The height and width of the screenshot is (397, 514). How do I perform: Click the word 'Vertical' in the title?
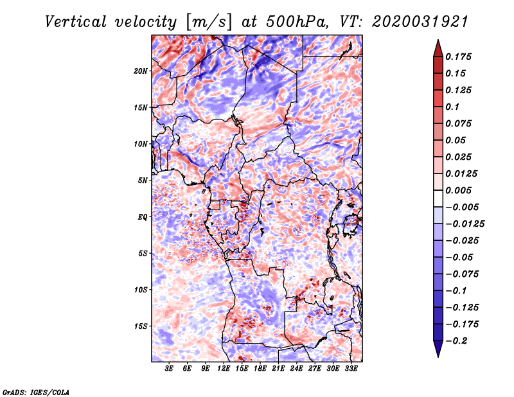[x=75, y=22]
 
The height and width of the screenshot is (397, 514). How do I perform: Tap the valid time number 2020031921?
[x=420, y=22]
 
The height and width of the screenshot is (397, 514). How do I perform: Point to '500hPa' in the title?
[x=296, y=22]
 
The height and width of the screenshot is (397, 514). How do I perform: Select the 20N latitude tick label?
[x=141, y=71]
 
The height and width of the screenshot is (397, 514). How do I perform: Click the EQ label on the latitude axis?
[x=143, y=217]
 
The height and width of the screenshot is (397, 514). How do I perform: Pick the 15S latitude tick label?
[x=141, y=326]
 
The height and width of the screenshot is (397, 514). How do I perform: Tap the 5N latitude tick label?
[x=143, y=181]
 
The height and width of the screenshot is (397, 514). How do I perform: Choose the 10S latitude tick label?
[x=141, y=290]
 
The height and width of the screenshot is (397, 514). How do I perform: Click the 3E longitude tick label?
[x=169, y=368]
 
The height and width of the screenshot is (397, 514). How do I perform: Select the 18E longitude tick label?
[x=260, y=368]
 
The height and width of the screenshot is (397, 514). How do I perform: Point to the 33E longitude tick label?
[x=351, y=368]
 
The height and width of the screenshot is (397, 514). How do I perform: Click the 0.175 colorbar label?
[x=458, y=57]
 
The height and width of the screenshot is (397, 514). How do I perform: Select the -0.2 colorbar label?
[x=456, y=341]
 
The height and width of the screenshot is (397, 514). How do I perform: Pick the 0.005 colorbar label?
[x=458, y=190]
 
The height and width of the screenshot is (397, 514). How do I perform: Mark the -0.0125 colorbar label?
[x=465, y=224]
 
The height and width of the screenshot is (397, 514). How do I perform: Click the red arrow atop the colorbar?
[x=438, y=48]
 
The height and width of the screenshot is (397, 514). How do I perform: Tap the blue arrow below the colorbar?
[x=438, y=349]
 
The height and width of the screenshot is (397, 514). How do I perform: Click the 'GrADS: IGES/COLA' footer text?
[x=36, y=393]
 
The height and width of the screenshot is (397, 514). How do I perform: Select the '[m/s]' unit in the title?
[x=209, y=22]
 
